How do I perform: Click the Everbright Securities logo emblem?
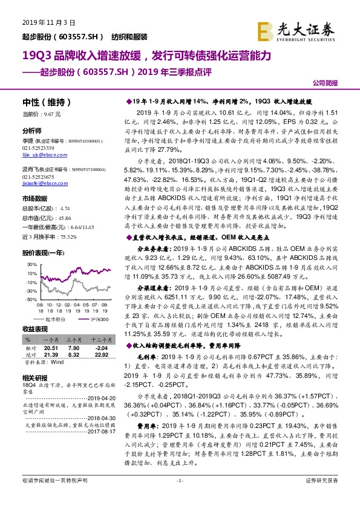coord(264,28)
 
